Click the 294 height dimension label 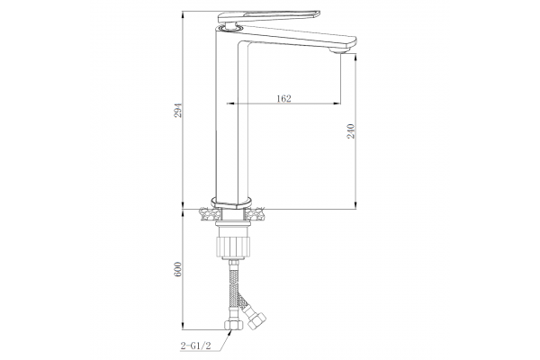click(177, 110)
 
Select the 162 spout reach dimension click(283, 98)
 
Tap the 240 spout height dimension click(351, 130)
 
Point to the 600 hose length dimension click(177, 269)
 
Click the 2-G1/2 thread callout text click(195, 346)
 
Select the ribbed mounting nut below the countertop click(232, 246)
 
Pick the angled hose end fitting click(256, 320)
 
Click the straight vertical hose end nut click(234, 325)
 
